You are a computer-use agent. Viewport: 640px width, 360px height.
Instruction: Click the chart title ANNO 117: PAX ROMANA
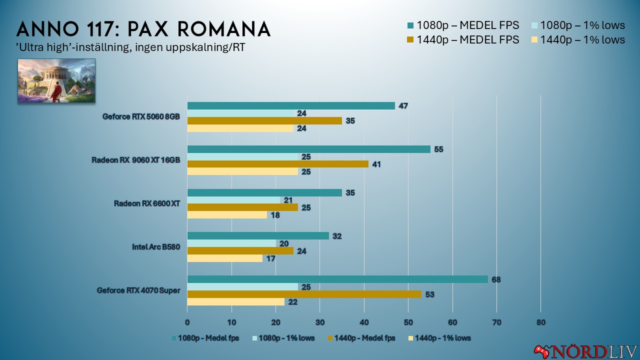[x=143, y=29]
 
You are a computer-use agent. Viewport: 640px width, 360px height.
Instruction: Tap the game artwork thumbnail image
[x=56, y=81]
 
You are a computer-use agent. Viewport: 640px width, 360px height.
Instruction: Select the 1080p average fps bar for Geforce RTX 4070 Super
[x=337, y=279]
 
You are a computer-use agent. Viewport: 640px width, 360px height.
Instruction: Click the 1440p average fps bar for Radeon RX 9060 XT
[x=278, y=164]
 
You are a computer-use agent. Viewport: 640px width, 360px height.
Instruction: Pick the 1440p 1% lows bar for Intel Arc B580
[x=224, y=258]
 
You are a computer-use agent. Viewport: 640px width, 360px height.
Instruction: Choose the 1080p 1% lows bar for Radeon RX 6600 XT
[x=233, y=200]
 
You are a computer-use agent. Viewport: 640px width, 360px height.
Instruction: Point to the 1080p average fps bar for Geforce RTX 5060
[x=291, y=105]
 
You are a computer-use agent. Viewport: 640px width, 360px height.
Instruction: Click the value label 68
[x=495, y=279]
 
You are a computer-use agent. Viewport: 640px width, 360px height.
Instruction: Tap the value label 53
[x=429, y=294]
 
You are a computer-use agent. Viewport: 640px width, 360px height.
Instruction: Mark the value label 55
[x=438, y=149]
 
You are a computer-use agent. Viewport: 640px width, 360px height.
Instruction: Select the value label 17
[x=270, y=259]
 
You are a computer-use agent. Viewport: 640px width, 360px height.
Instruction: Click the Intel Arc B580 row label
[x=155, y=246]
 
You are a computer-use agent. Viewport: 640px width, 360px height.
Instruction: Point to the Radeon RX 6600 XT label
[x=146, y=203]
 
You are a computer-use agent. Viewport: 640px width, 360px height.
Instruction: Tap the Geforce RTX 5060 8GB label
[x=141, y=116]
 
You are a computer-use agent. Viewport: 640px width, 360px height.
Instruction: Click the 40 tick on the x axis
[x=364, y=322]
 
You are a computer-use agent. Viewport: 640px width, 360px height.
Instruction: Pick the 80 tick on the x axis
[x=540, y=322]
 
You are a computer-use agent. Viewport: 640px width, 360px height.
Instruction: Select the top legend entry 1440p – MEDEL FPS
[x=467, y=39]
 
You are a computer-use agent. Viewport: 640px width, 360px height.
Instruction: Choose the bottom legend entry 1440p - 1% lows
[x=439, y=338]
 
